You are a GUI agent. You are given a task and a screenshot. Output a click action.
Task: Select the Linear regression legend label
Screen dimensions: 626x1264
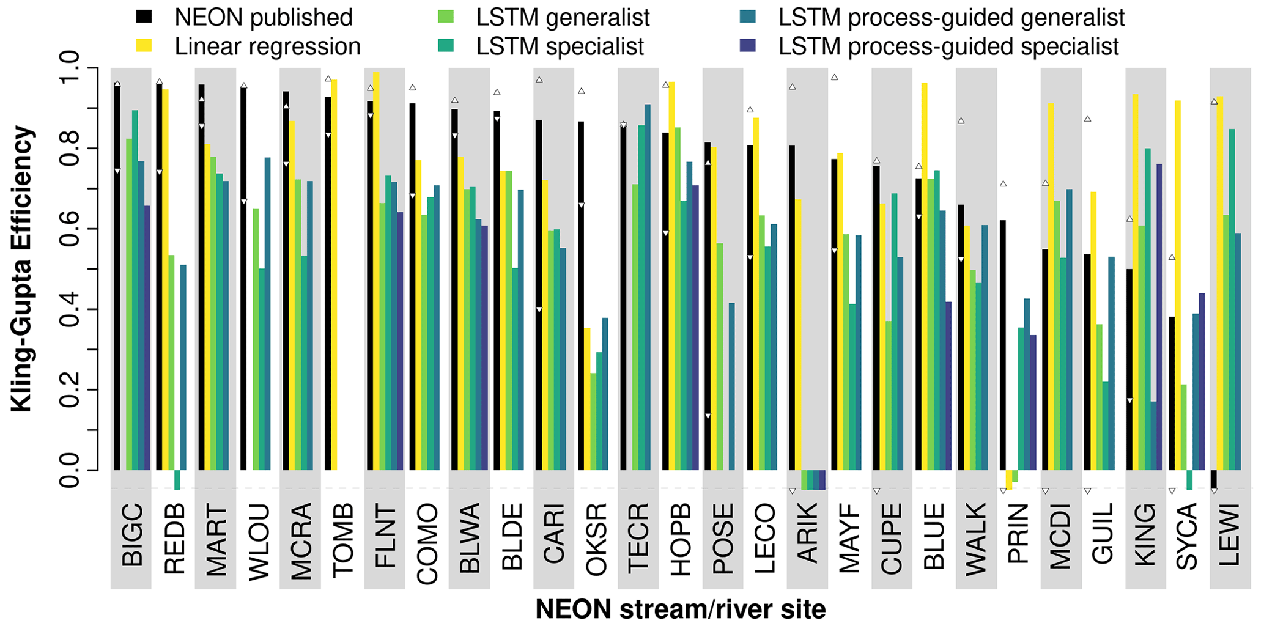pos(267,47)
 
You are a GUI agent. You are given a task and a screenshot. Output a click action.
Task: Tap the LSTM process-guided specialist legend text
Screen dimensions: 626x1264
pos(948,47)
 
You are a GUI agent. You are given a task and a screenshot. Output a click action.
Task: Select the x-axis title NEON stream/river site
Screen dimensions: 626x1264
pos(680,609)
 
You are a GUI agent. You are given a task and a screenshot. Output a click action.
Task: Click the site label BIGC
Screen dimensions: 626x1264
pos(131,535)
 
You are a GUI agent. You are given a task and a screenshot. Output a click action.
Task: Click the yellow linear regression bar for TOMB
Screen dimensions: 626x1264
pos(334,275)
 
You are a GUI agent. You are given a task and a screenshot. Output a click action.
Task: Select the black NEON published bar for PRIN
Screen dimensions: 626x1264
pos(1003,345)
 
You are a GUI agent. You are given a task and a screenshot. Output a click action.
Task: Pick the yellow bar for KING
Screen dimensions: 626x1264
pos(1135,282)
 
